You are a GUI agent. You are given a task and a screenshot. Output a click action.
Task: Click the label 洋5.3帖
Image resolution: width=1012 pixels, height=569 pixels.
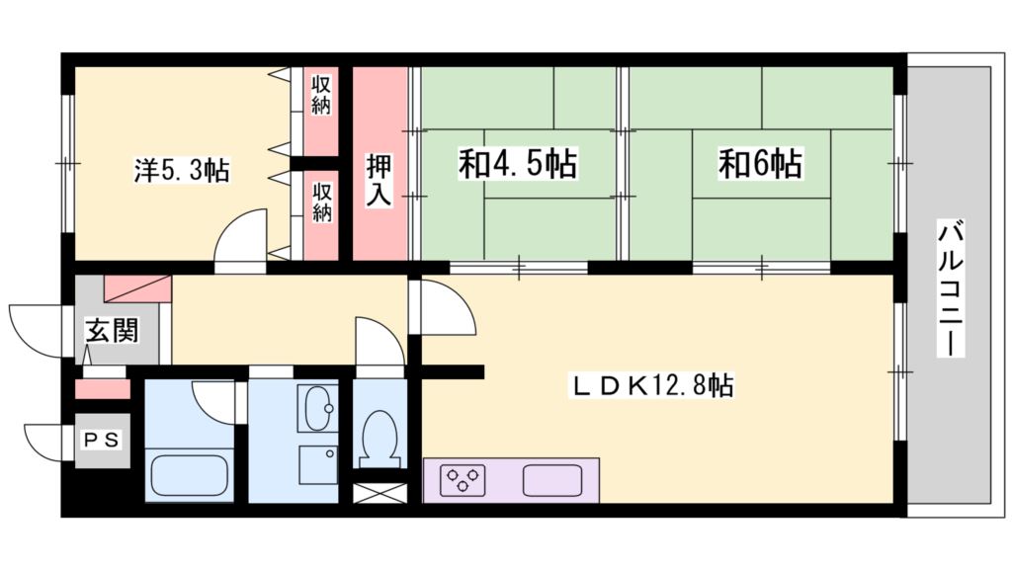182,171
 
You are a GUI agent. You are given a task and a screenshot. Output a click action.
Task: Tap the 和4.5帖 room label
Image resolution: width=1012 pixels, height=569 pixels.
518,164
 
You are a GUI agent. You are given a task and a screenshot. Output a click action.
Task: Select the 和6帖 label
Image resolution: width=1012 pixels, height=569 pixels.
759,164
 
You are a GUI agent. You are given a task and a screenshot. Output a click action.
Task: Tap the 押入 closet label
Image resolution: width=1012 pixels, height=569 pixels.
379,179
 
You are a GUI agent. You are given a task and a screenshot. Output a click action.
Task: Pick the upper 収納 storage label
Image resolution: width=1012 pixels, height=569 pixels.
321,94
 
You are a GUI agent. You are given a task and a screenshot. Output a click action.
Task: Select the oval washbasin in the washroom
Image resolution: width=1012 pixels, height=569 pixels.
318,408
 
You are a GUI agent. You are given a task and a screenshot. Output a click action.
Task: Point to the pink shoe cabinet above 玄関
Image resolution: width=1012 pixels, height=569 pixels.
137,287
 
